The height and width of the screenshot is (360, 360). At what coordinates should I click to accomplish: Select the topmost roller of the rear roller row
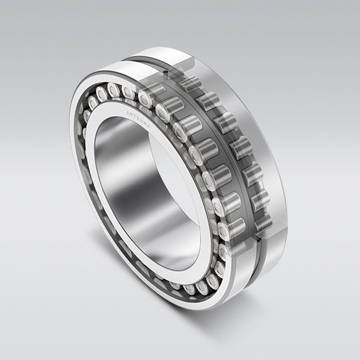click(x=190, y=83)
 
